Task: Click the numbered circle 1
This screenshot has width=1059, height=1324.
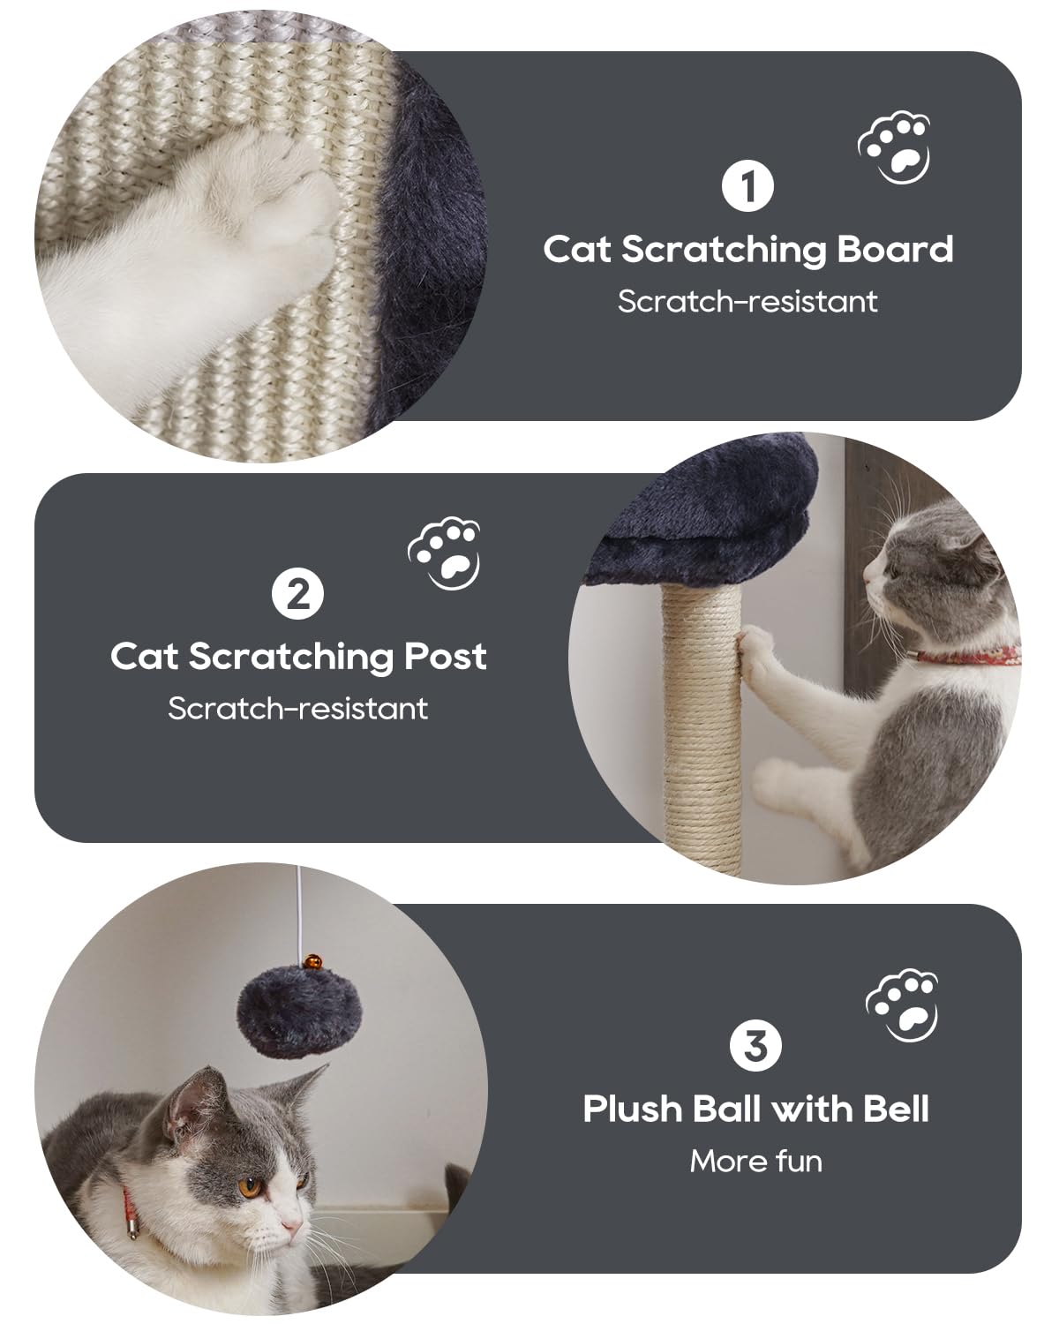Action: pyautogui.click(x=747, y=186)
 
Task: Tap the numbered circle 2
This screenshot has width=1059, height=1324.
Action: pyautogui.click(x=298, y=594)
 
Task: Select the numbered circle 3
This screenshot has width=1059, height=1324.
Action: pyautogui.click(x=755, y=1046)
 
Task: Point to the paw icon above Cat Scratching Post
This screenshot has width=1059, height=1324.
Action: pyautogui.click(x=445, y=553)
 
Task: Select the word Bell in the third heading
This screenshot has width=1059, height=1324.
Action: pyautogui.click(x=895, y=1109)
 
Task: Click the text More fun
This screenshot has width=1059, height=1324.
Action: pyautogui.click(x=755, y=1161)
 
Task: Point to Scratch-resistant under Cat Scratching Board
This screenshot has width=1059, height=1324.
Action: pyautogui.click(x=747, y=301)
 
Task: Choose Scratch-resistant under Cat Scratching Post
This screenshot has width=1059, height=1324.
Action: pyautogui.click(x=298, y=708)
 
